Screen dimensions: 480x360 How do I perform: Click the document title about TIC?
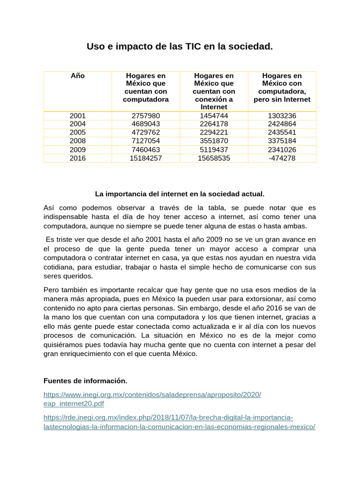coord(180,46)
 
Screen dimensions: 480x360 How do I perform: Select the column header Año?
coord(77,75)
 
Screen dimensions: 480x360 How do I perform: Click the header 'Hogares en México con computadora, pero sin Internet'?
coord(282,87)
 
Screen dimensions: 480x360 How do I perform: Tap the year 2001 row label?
coord(77,115)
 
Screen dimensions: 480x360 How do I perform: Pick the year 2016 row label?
coord(77,158)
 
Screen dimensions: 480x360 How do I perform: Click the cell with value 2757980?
coord(145,115)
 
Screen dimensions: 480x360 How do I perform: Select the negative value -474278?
coord(282,158)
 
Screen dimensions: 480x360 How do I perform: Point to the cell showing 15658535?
coord(214,158)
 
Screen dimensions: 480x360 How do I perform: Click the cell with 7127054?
coord(145,141)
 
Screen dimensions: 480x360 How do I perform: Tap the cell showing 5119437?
coord(214,150)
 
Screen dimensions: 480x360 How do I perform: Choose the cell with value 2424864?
coord(282,124)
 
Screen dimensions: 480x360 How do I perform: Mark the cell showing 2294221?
coord(214,132)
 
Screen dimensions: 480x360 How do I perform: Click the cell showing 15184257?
coord(145,158)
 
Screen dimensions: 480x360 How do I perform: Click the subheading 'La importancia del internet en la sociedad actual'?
coord(180,193)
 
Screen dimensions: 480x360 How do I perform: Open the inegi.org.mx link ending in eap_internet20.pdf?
coord(152,399)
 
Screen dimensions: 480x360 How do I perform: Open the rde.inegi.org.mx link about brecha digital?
coord(179,422)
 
